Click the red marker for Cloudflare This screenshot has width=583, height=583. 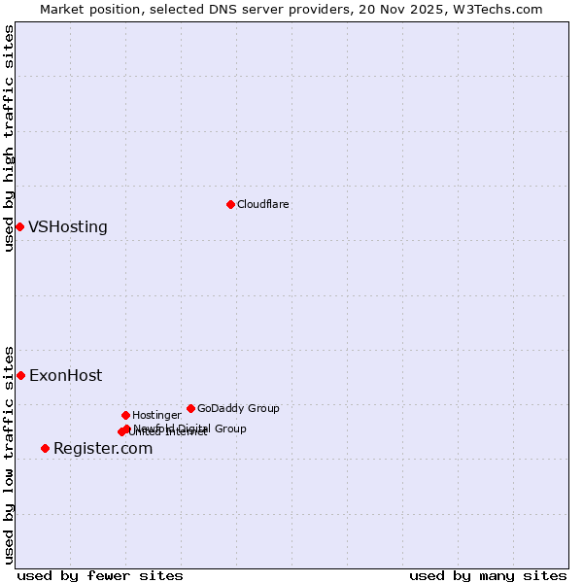230,204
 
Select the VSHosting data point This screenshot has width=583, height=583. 19,226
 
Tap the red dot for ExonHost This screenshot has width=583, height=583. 20,375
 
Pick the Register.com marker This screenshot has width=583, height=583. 45,448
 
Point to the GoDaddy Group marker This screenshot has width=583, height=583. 190,408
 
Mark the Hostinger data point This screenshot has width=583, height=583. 125,415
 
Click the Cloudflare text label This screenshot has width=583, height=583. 262,204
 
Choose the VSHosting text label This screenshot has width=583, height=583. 68,226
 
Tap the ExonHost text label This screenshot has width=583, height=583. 65,375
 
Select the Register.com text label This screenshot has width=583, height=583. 103,448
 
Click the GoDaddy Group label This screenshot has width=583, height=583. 238,408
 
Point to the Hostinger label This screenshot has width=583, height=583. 156,415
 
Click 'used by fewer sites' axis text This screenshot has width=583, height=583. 100,575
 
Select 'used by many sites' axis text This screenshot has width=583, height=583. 488,575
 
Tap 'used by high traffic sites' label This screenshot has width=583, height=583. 9,138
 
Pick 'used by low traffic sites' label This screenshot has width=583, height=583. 9,454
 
